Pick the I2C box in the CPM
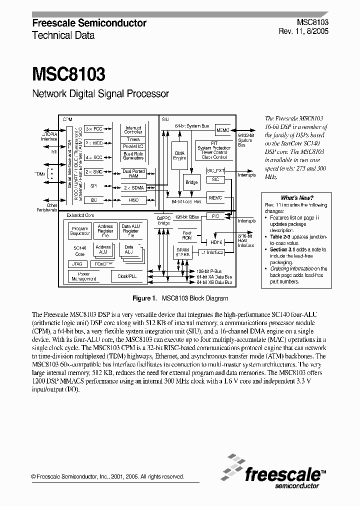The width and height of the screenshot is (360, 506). (x=93, y=200)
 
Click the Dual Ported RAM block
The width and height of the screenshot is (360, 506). (x=133, y=173)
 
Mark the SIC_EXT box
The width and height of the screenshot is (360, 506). (x=215, y=170)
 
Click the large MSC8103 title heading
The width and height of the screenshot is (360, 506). (x=68, y=74)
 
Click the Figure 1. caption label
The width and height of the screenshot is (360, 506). (x=144, y=298)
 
